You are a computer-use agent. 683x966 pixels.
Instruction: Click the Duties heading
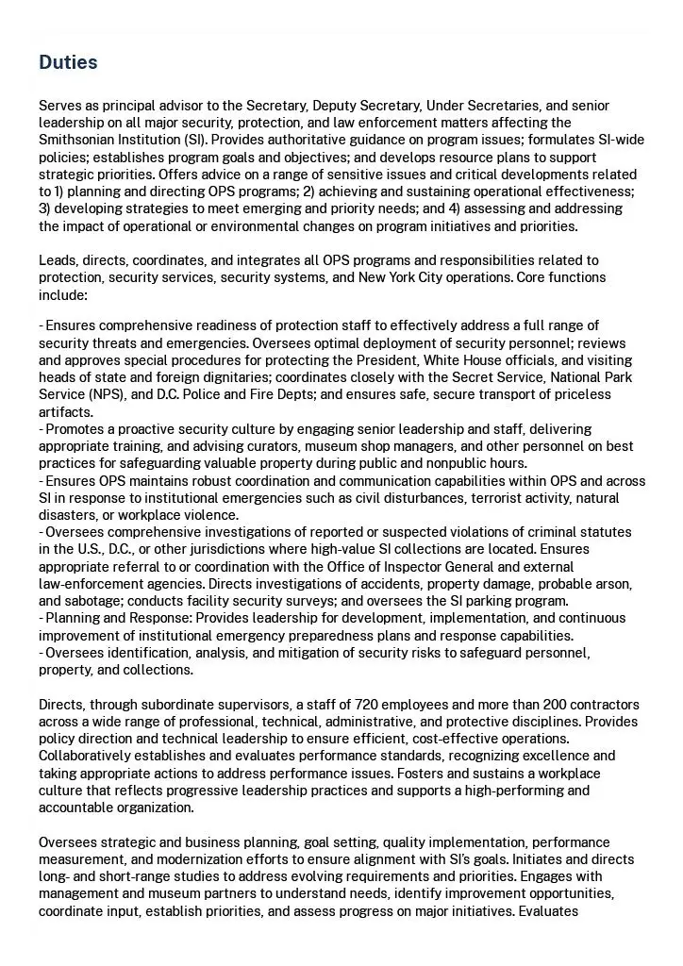pyautogui.click(x=68, y=62)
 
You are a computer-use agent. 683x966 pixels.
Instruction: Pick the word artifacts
pyautogui.click(x=65, y=412)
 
